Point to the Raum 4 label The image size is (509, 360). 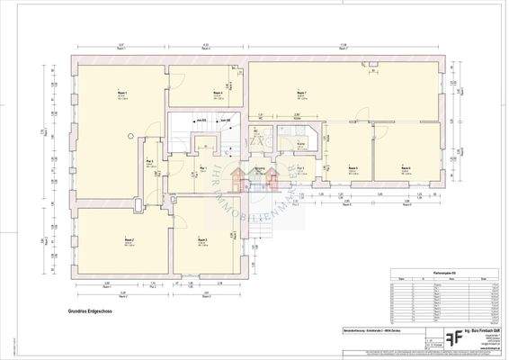[x=217, y=93]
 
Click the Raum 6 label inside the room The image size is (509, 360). [x=406, y=167]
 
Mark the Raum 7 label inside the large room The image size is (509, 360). [x=300, y=93]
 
